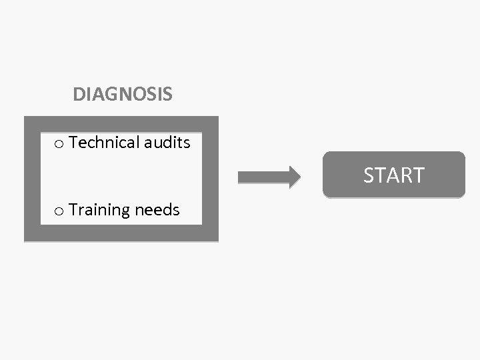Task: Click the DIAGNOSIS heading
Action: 123,95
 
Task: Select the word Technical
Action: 104,143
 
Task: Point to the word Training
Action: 99,210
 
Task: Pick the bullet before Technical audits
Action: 59,144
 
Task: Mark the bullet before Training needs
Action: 59,211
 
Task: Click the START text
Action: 393,175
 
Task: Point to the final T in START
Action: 418,175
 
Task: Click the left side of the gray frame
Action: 32,179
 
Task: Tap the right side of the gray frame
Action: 210,179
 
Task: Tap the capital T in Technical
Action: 73,143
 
